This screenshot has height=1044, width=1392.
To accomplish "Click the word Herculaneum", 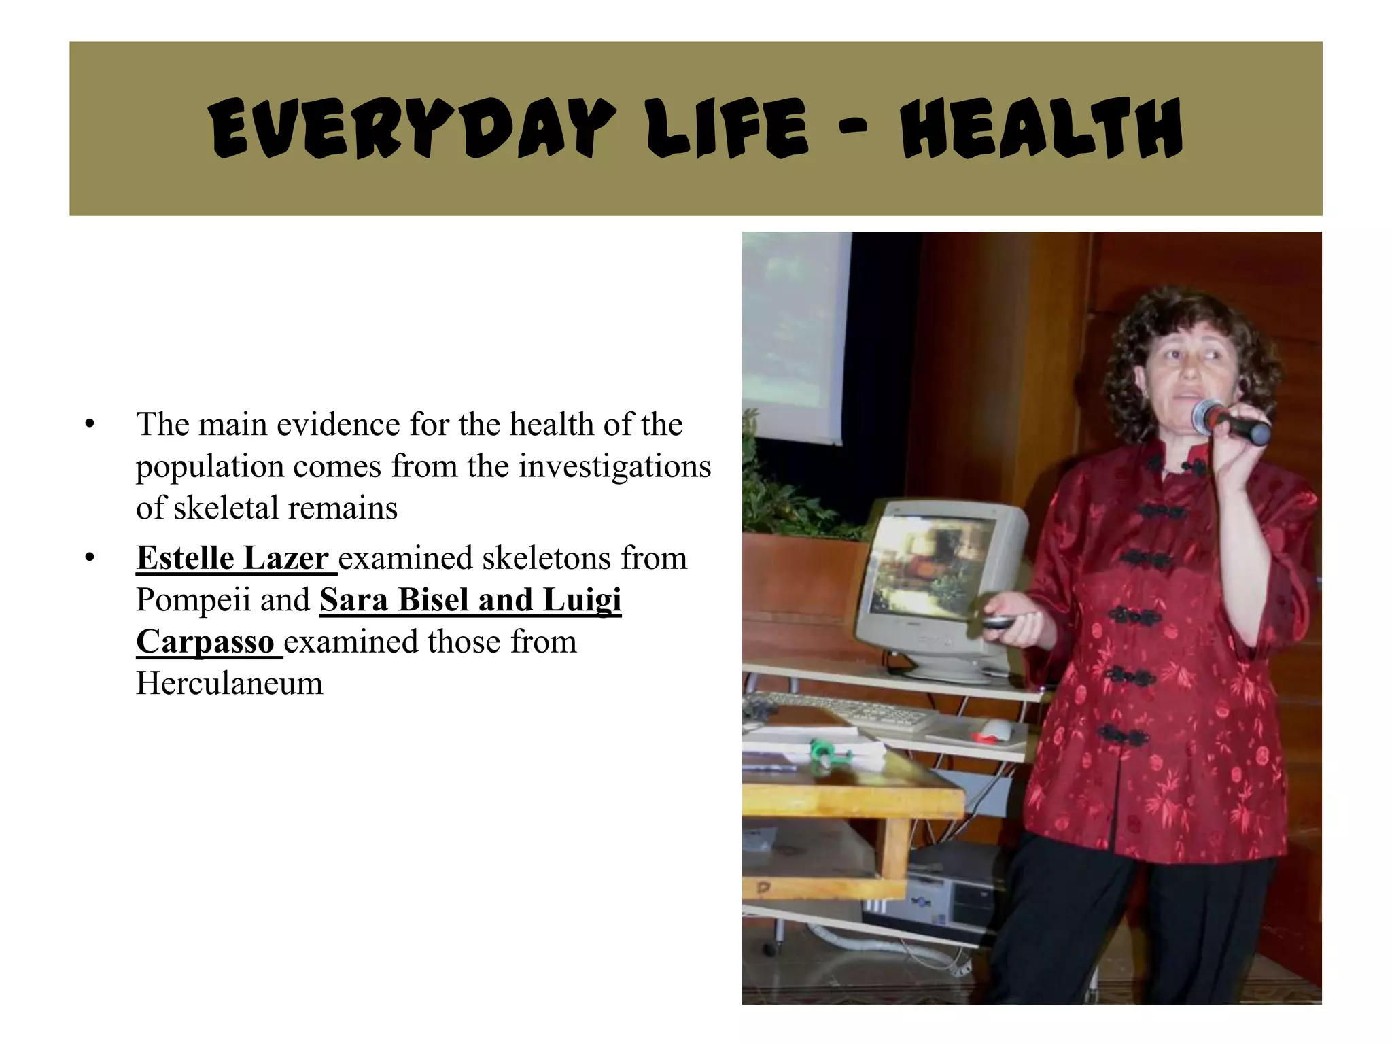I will (230, 684).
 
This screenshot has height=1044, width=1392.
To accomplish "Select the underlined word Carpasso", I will (205, 642).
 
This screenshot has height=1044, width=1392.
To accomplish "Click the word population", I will (210, 466).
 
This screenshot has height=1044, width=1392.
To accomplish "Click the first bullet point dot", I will (89, 425).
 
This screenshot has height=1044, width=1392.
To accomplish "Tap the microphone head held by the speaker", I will (1209, 416).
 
